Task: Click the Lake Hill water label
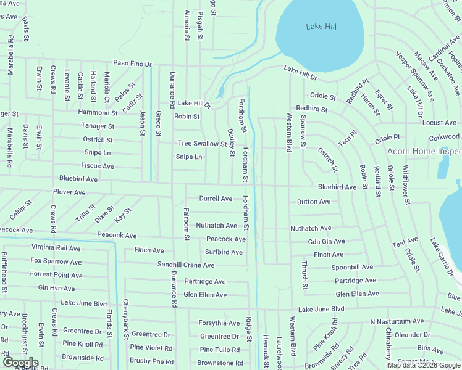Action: click(321, 27)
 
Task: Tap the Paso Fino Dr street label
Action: click(132, 64)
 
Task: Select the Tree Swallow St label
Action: click(202, 144)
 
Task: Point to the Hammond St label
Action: click(98, 113)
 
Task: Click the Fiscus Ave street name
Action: click(98, 166)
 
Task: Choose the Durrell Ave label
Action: click(216, 199)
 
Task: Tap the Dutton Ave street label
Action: click(313, 202)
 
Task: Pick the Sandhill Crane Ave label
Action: click(185, 265)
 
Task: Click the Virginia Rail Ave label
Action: click(56, 249)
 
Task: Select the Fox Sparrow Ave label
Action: click(56, 261)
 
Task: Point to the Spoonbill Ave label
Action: click(352, 267)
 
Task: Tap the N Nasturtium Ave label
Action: click(397, 321)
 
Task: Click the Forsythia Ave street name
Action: click(219, 323)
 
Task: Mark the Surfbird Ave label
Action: click(224, 252)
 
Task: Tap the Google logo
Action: click(20, 363)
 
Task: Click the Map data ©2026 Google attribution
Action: click(423, 365)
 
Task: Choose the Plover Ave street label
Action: click(69, 192)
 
